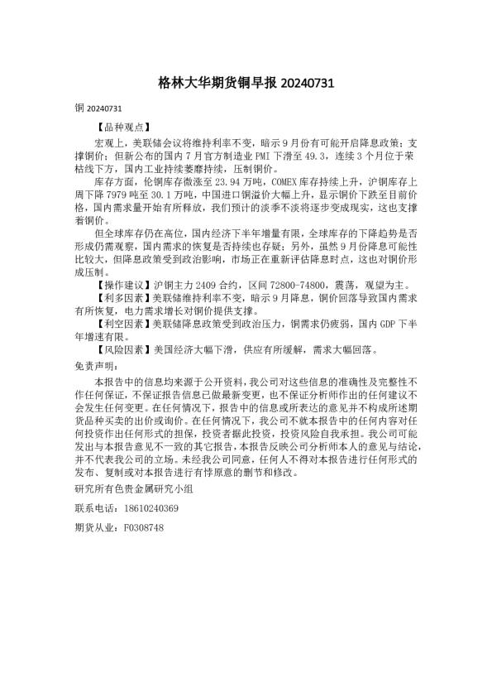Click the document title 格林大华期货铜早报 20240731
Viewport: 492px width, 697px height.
coord(246,84)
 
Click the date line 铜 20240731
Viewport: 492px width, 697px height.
coord(98,108)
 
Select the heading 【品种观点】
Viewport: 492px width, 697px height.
coord(123,128)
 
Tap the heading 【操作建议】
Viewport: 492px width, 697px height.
coord(123,283)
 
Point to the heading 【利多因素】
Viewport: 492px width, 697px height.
coord(123,296)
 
